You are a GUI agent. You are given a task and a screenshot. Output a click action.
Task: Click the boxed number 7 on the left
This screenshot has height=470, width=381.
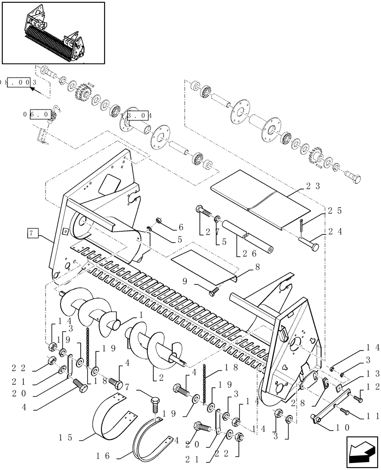pos(31,232)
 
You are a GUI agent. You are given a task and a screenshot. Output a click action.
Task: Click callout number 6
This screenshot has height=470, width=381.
pos(181,227)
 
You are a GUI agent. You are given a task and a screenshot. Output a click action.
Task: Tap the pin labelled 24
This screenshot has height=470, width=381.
pos(307,243)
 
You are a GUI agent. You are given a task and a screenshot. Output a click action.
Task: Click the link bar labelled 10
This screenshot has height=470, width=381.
pos(332,409)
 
